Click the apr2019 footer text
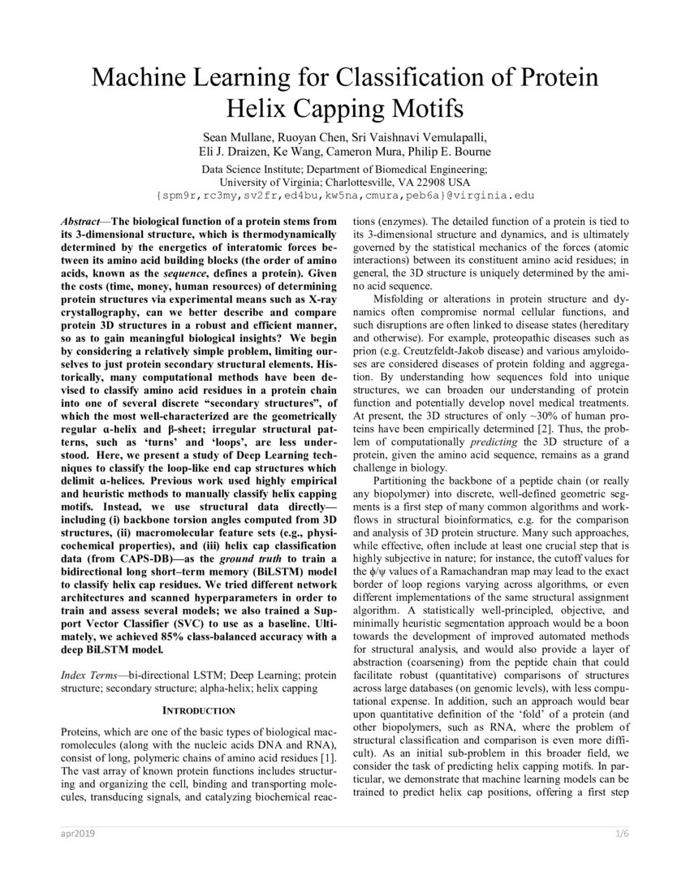pyautogui.click(x=75, y=835)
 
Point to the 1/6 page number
pyautogui.click(x=622, y=835)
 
